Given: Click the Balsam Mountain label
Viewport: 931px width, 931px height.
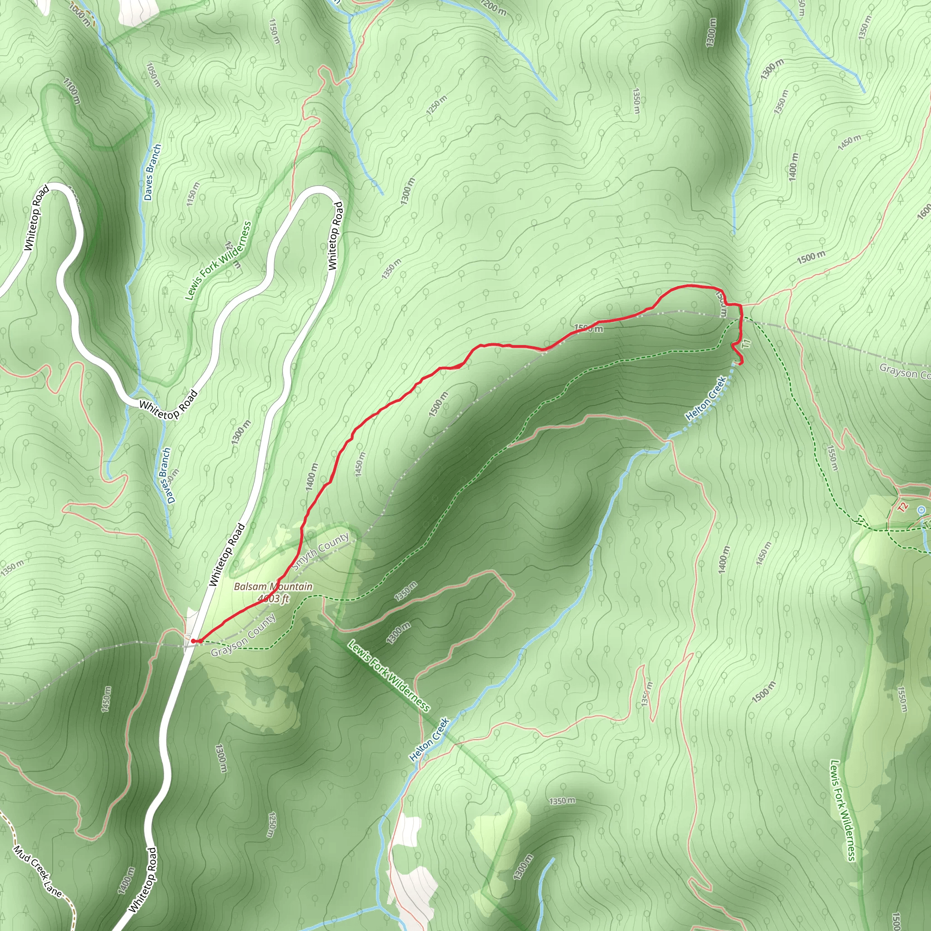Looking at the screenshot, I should (273, 586).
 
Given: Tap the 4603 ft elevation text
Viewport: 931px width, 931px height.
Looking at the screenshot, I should (273, 599).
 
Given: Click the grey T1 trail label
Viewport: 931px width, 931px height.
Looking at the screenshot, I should (746, 344).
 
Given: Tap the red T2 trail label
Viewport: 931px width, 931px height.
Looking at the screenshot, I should (902, 506).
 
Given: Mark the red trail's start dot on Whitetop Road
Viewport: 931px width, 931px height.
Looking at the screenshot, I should (193, 641).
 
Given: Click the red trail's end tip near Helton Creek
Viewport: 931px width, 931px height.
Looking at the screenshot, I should (740, 362).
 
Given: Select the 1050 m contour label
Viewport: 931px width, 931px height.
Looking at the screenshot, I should (153, 75).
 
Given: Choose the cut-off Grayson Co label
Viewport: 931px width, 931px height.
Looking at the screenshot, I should (904, 371).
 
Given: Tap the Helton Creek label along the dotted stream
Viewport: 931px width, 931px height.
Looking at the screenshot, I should (706, 399).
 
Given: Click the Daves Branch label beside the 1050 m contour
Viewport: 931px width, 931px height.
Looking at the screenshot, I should (153, 172).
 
